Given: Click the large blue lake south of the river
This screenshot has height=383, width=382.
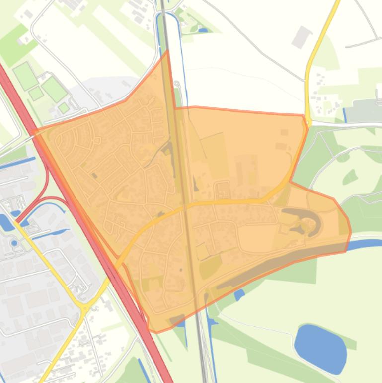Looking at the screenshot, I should pyautogui.click(x=320, y=348).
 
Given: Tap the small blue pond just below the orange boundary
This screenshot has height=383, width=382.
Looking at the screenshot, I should pyautogui.click(x=239, y=294).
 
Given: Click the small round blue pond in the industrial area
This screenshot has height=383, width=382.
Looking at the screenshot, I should pyautogui.click(x=14, y=243).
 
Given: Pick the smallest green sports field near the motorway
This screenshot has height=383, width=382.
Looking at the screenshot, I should pyautogui.click(x=64, y=107).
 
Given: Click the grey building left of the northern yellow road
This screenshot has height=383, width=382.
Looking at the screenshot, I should pyautogui.click(x=301, y=37).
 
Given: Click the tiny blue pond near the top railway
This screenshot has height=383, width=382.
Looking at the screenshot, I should pyautogui.click(x=203, y=30).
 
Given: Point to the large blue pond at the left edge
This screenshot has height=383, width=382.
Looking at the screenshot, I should pyautogui.click(x=6, y=222).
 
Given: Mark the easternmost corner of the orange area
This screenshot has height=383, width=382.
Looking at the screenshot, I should pyautogui.click(x=351, y=231).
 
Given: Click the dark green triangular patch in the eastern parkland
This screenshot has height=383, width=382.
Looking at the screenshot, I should pyautogui.click(x=350, y=177).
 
